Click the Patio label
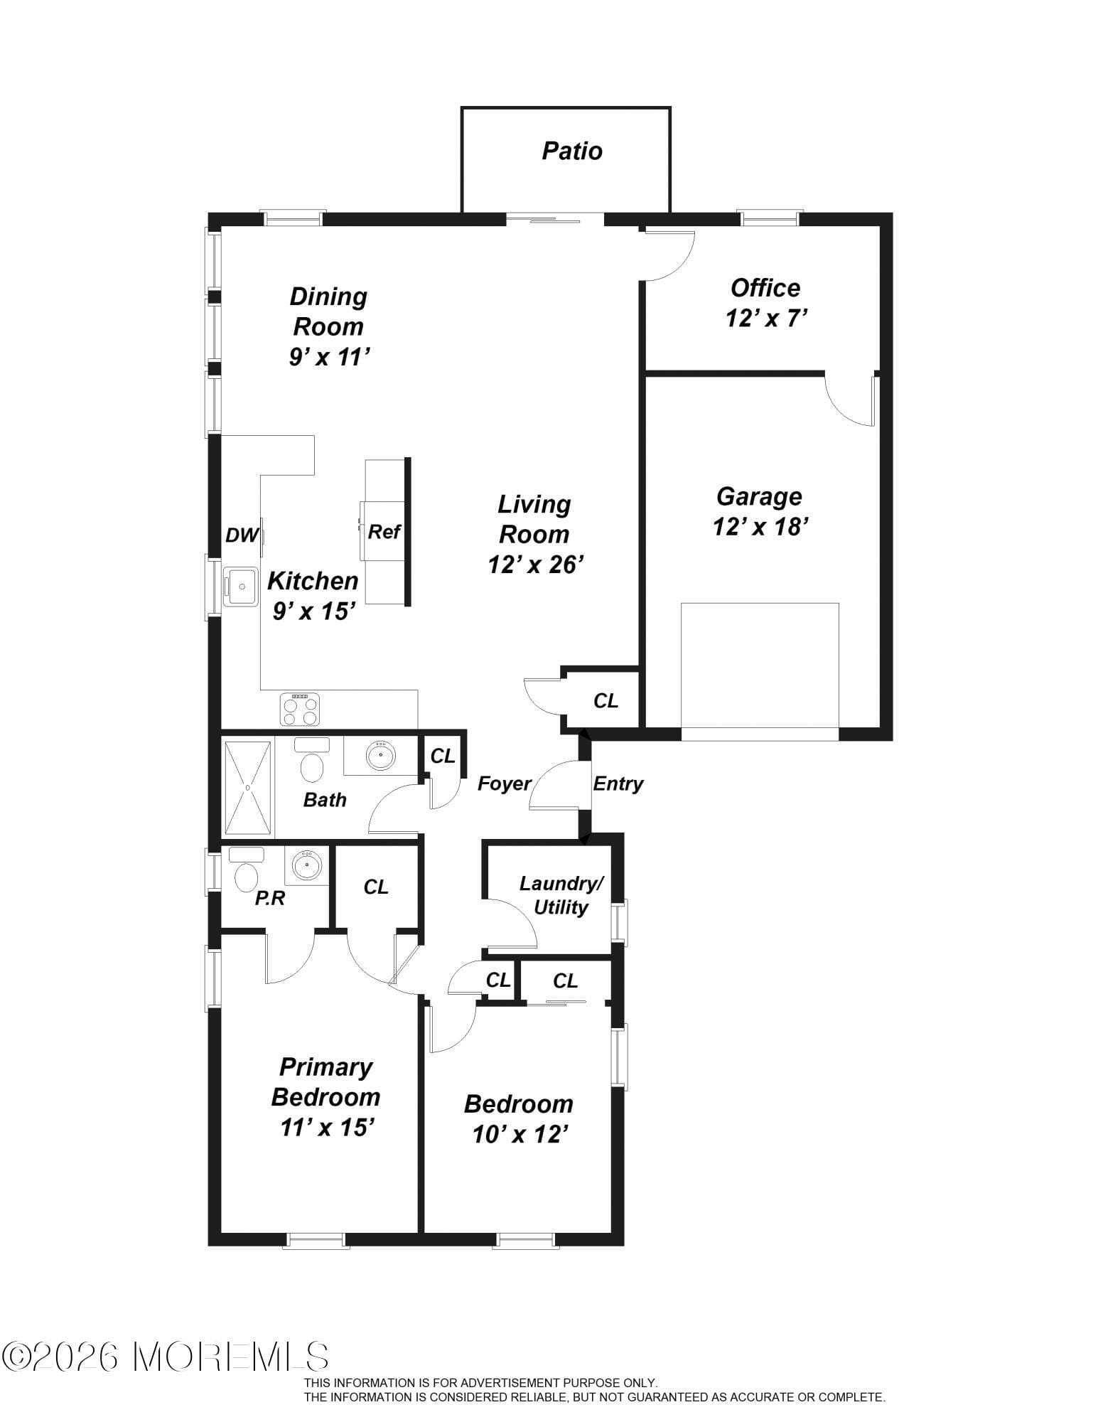pos(572,151)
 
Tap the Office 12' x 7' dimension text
pos(766,319)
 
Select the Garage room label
pos(759,496)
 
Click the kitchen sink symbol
pos(241,586)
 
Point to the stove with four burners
pos(300,709)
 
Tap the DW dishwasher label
pos(241,535)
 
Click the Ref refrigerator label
pos(384,531)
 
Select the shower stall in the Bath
pos(248,787)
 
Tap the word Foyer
pos(504,784)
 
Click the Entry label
pos(618,784)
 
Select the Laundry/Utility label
pos(561,895)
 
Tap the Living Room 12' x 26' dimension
pos(536,565)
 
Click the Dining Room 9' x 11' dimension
pos(330,357)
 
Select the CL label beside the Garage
pos(605,701)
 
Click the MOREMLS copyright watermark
pos(166,1357)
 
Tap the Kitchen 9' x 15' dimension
pos(313,611)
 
